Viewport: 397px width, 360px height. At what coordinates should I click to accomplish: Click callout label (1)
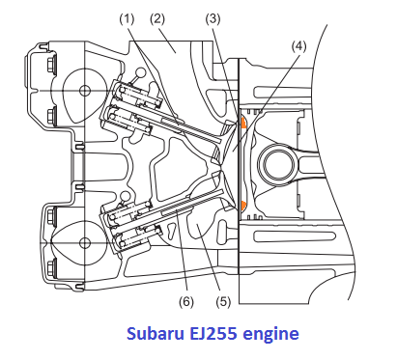(127, 19)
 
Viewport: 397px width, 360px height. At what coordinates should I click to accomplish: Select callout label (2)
(157, 19)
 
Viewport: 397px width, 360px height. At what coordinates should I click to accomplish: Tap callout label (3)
(213, 19)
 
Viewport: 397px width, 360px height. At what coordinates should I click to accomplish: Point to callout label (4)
(298, 46)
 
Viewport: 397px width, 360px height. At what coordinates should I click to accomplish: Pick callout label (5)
(223, 302)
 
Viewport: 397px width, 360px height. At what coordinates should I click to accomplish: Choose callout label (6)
(186, 302)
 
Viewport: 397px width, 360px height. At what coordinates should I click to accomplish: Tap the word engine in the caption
(271, 335)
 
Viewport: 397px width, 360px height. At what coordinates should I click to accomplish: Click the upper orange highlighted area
(242, 123)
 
